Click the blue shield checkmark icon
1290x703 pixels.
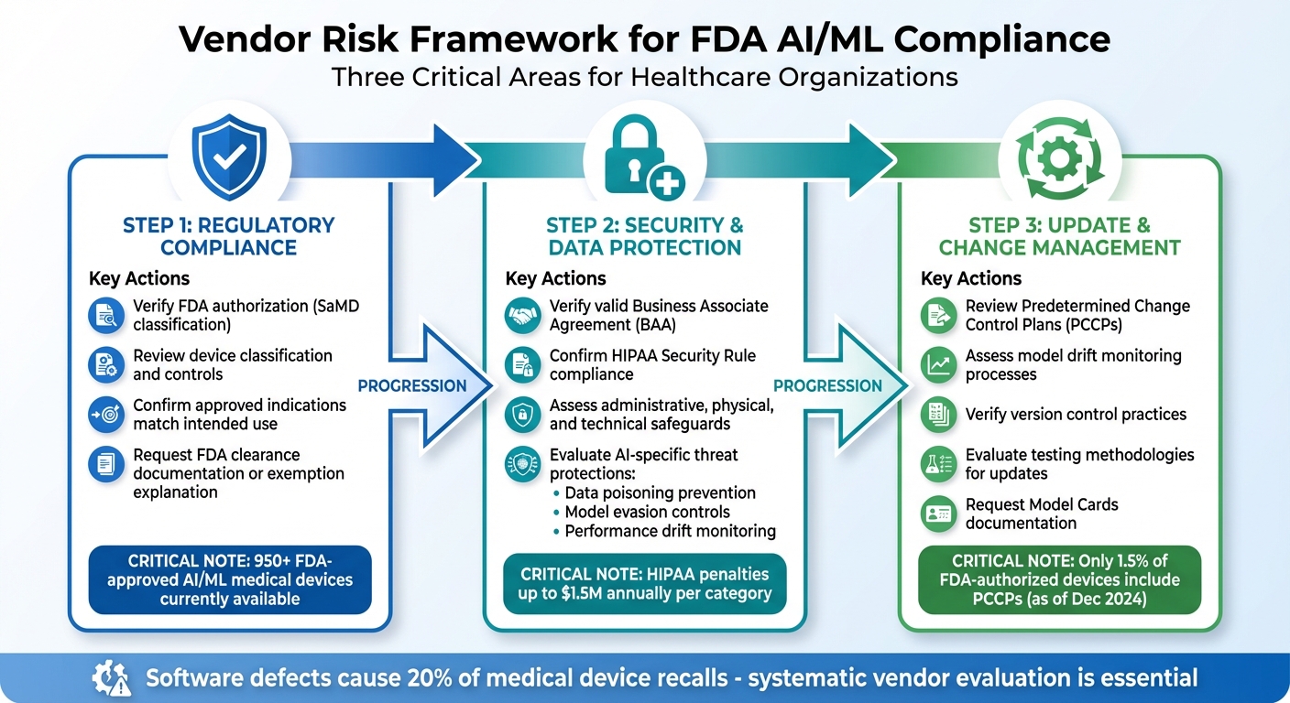point(227,157)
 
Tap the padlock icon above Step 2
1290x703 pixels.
point(641,157)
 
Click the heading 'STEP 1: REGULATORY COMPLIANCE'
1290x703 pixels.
point(228,236)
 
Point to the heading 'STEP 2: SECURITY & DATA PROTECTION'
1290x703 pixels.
point(644,236)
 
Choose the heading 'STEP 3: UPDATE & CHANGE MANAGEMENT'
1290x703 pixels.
point(1060,236)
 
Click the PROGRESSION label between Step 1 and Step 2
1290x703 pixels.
point(412,385)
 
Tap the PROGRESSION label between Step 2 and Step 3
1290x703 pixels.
point(828,385)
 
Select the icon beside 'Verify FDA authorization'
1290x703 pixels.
point(105,316)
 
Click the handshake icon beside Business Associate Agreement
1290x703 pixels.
point(522,316)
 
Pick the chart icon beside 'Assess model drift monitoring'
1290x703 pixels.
point(937,365)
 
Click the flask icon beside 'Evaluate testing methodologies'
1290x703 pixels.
point(937,464)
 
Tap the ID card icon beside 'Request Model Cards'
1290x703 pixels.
point(937,514)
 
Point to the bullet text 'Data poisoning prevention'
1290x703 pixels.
point(660,492)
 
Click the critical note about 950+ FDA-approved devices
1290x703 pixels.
point(230,579)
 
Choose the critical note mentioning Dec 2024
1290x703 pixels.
point(1059,579)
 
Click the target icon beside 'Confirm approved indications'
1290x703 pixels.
point(105,415)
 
